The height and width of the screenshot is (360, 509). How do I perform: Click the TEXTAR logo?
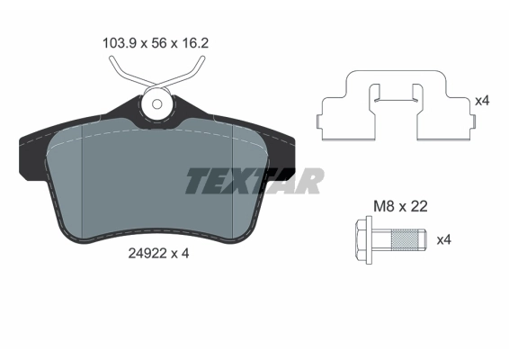click(x=254, y=181)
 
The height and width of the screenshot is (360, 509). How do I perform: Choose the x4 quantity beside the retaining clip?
click(x=482, y=101)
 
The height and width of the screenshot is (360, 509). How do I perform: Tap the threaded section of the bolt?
click(x=409, y=240)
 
